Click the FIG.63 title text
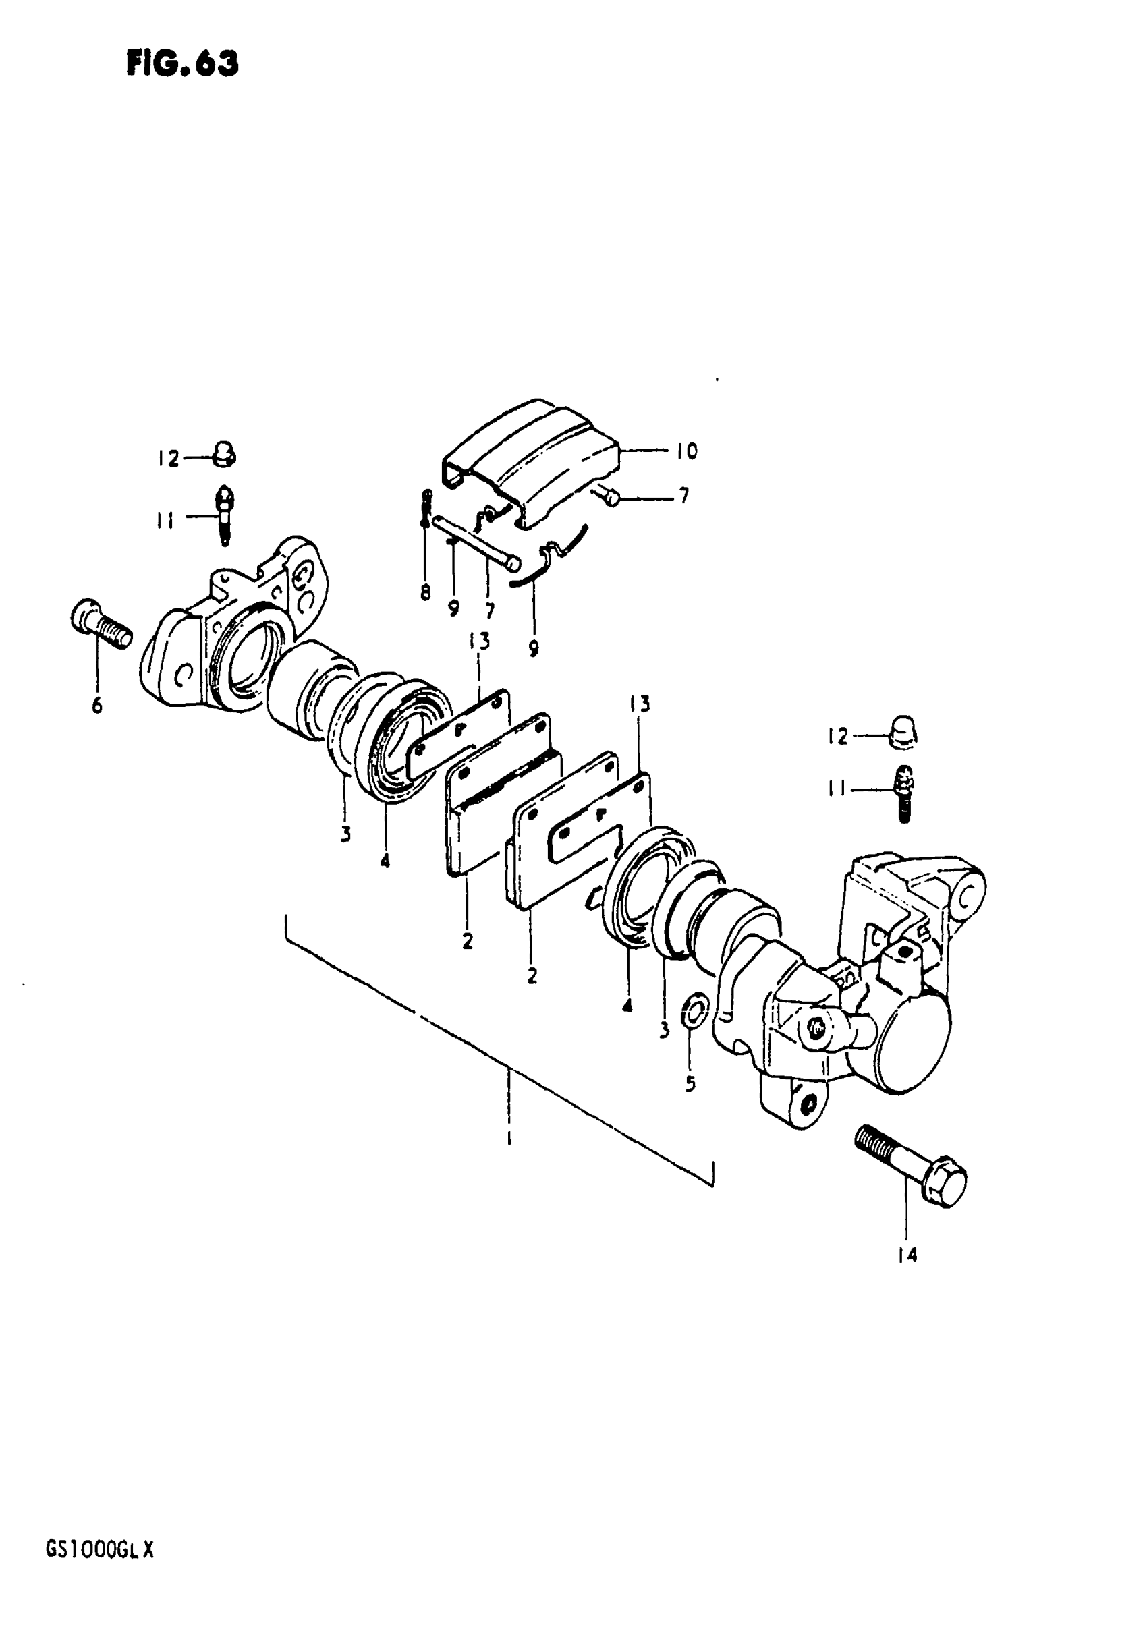coord(182,64)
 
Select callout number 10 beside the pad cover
coord(686,451)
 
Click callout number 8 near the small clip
coord(425,592)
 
